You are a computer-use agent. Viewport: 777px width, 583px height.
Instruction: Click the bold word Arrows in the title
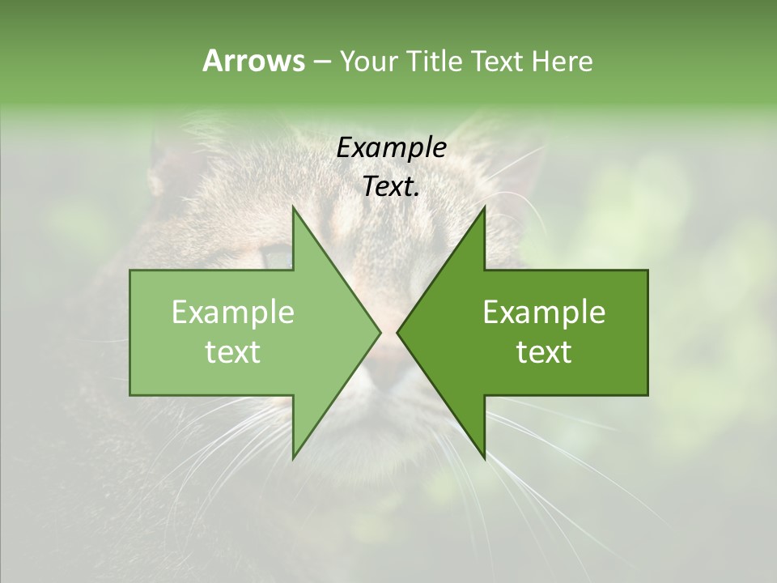(x=253, y=61)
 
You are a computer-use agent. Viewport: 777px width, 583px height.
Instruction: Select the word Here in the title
(x=562, y=61)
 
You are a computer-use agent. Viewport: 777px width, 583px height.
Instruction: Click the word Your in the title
(x=367, y=62)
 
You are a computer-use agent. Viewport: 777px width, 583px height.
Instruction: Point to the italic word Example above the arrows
(x=392, y=148)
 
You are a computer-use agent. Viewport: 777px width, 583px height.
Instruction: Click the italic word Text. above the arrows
(x=392, y=187)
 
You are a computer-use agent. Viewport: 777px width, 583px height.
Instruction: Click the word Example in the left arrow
(x=233, y=313)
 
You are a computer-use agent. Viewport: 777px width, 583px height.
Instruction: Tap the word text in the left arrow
(x=233, y=352)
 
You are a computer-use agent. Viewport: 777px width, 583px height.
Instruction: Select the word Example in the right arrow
(x=544, y=313)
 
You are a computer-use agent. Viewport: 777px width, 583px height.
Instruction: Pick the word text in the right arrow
(x=544, y=352)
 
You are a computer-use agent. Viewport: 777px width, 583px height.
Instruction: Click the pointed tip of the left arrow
(x=378, y=332)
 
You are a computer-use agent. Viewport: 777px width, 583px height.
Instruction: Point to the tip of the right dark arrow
(x=400, y=332)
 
